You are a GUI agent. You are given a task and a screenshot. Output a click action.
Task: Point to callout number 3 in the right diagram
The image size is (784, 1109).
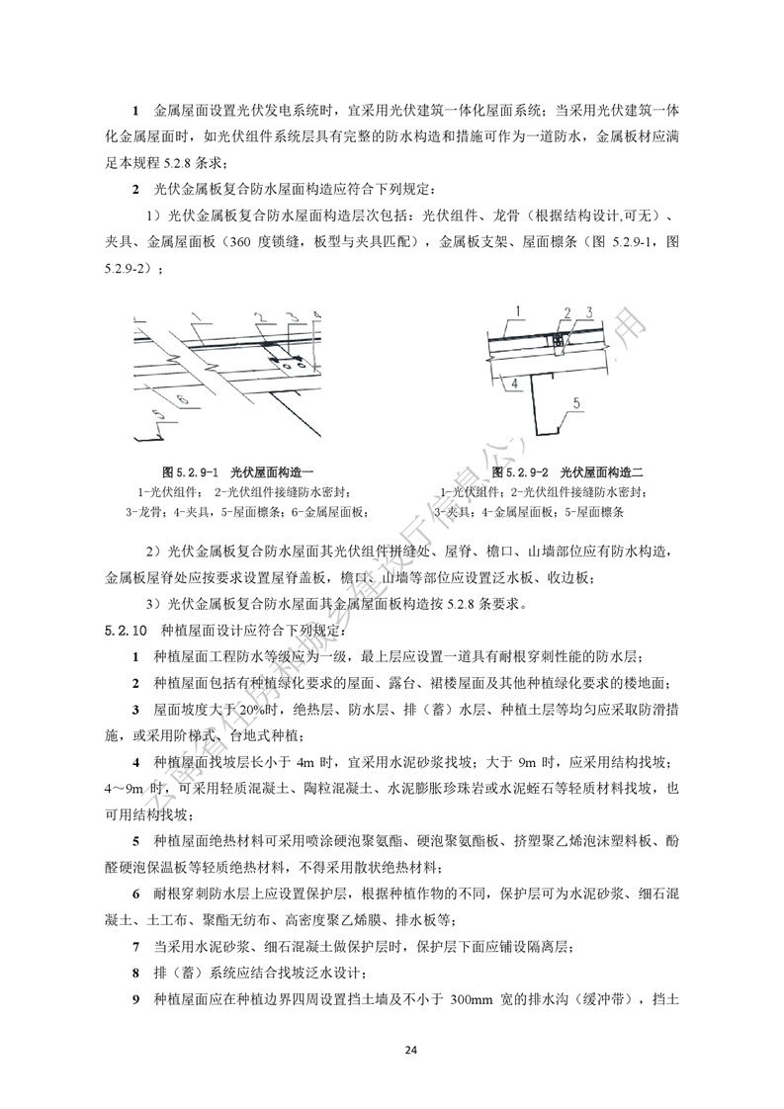(x=588, y=312)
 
